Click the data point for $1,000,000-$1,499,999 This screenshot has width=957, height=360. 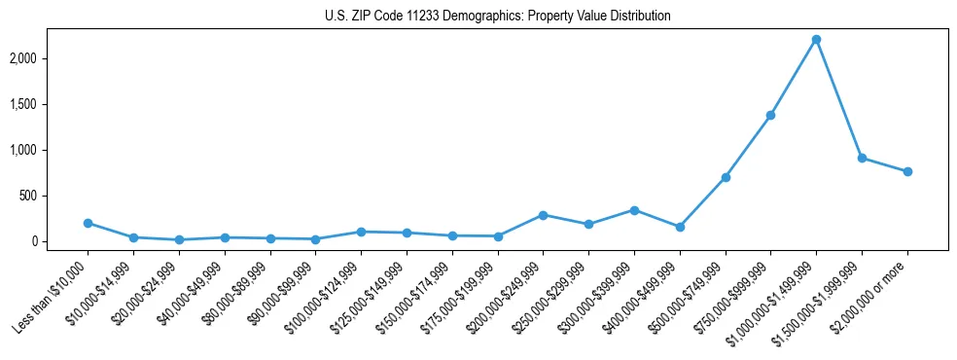pos(816,39)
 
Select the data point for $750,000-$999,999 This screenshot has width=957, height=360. pos(770,115)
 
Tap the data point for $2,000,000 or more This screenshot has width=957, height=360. pos(907,171)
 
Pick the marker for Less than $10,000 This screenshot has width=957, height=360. pos(88,223)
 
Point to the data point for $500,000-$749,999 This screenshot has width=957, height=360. pos(726,177)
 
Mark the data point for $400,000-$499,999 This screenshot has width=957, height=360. pos(680,227)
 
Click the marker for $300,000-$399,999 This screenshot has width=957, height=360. pos(634,210)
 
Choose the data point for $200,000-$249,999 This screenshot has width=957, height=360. pos(543,215)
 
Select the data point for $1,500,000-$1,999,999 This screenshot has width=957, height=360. pos(862,158)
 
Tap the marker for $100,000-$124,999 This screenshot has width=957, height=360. pos(361,232)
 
